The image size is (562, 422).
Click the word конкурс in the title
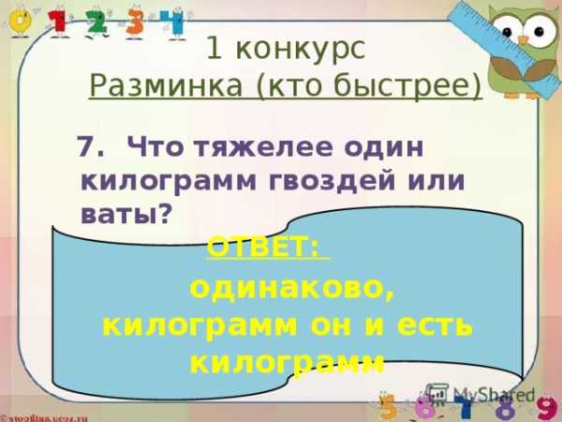click(301, 49)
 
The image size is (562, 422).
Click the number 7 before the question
click(87, 146)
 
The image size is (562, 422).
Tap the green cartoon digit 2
click(96, 23)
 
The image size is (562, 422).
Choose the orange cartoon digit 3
click(135, 23)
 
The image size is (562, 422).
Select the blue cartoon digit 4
click(171, 23)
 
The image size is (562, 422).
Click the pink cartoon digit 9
click(549, 408)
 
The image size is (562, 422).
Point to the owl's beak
click(524, 40)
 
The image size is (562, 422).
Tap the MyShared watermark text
click(494, 395)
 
